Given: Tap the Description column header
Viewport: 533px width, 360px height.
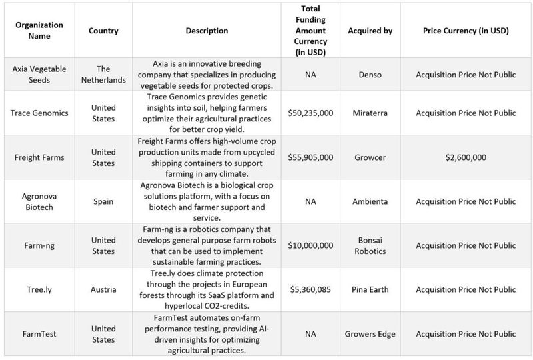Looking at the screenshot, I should [207, 31].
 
